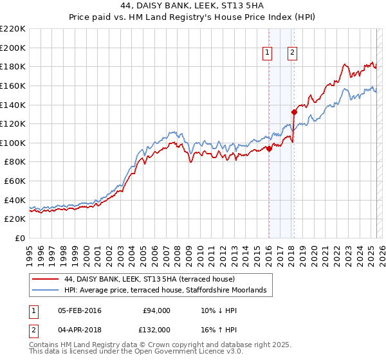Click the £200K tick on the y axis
coord(14,48)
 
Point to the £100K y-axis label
coord(14,143)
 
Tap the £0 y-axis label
coord(20,238)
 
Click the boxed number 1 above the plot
coord(267,53)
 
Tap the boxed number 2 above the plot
coord(292,53)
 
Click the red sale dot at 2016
coord(269,149)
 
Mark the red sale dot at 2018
coord(294,113)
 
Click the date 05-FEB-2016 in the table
coord(80,310)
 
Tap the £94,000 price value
coord(157,310)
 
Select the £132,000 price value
coord(155,330)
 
